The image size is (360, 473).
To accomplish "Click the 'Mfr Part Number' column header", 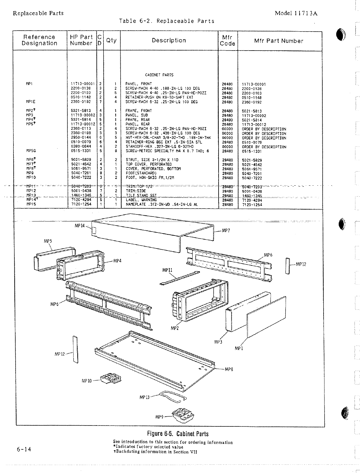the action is tap(279, 41).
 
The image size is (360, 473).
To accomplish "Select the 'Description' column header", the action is tap(169, 40).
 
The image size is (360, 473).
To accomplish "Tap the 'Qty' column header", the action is tap(111, 40).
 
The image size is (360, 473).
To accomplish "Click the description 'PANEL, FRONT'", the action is tap(138, 84).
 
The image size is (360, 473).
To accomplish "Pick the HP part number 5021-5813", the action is tap(81, 111).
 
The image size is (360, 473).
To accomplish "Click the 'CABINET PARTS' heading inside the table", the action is tap(159, 75).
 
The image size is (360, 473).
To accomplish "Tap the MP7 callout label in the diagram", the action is tap(226, 231).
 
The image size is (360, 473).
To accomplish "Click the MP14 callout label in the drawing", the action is tap(79, 226).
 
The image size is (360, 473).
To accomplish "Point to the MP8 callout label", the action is tap(229, 369).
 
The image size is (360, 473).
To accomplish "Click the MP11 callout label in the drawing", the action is tap(167, 270).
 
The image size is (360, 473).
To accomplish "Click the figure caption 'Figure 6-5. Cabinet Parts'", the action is tap(178, 434).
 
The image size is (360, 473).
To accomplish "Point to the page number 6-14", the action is tap(24, 449).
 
